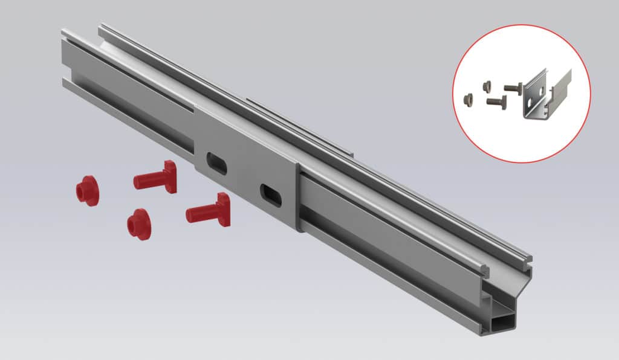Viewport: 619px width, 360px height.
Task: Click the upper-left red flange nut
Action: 86,191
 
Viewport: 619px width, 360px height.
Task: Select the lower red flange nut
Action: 138,224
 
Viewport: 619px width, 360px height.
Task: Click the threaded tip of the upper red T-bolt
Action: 137,181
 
